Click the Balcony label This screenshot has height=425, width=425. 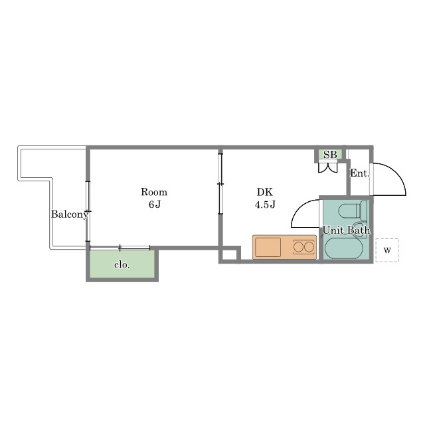point(70,214)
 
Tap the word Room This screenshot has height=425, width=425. point(154,192)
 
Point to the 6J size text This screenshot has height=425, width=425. point(155,205)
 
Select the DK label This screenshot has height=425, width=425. point(265,192)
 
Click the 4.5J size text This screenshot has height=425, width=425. point(265,205)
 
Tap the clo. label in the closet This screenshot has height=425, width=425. point(122,264)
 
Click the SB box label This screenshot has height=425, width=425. point(330,155)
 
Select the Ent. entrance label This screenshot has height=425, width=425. point(360,173)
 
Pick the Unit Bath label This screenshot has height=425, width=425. point(346,230)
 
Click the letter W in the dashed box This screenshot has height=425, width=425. point(387,250)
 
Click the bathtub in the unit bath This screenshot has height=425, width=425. point(344,248)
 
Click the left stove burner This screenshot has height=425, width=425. point(298,247)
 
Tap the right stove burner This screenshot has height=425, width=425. point(309,247)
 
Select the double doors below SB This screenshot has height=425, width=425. point(327,167)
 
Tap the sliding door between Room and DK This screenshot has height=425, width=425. point(220,184)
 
